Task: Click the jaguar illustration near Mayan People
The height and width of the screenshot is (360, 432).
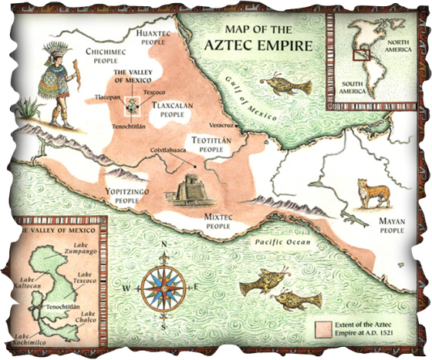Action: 372,193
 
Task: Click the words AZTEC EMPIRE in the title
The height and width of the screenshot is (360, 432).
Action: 258,44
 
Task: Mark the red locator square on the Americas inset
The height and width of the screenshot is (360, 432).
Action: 358,54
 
